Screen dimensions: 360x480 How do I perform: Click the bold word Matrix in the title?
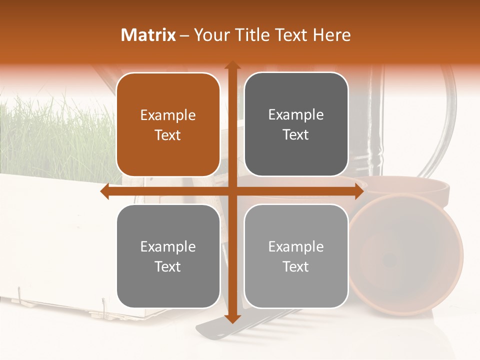click(x=148, y=35)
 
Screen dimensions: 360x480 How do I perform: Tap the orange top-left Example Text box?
click(x=168, y=124)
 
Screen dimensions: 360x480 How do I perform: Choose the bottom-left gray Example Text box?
click(x=168, y=256)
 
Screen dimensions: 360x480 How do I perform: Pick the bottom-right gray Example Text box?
click(x=296, y=256)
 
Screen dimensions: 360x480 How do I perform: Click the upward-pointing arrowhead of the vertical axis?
click(x=232, y=65)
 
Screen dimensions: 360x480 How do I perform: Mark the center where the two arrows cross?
click(x=232, y=191)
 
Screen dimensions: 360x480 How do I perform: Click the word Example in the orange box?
click(x=168, y=115)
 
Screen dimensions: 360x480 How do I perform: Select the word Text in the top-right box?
click(x=296, y=134)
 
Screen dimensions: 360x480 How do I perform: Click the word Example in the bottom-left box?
click(x=168, y=247)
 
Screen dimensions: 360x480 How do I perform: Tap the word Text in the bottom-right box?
click(x=296, y=266)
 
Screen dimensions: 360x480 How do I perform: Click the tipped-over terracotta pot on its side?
click(x=405, y=255)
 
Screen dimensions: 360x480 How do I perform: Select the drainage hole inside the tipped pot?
click(x=390, y=260)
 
